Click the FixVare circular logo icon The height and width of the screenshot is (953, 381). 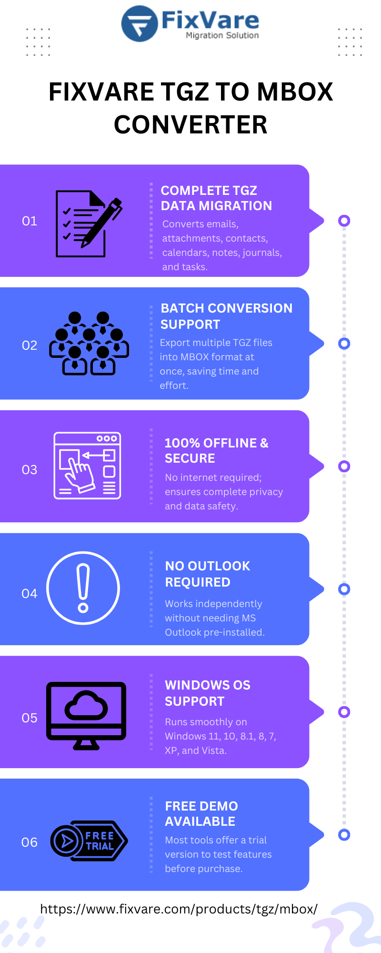coord(140,24)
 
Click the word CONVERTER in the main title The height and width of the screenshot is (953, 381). coord(190,125)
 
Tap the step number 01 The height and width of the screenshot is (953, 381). coord(30,221)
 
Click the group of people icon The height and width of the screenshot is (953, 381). coord(89,344)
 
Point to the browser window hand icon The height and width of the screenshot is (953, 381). coord(87,466)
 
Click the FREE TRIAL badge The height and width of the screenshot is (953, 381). coord(89,841)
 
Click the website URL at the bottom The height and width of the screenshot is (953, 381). coord(179,909)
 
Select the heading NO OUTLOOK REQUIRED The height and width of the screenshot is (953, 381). coord(208,574)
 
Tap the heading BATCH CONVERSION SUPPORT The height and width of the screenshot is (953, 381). coord(227,316)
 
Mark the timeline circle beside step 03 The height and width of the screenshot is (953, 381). coord(344,466)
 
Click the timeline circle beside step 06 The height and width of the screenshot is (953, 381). coord(344,835)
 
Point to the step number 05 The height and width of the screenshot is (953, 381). coord(30,718)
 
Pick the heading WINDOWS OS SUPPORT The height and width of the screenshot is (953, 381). coord(208,693)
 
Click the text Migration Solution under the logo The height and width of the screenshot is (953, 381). coord(222,35)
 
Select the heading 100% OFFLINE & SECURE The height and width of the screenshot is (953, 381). coord(217,451)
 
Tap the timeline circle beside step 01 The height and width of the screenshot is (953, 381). coord(344,221)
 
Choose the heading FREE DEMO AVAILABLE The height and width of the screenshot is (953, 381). coord(201,814)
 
